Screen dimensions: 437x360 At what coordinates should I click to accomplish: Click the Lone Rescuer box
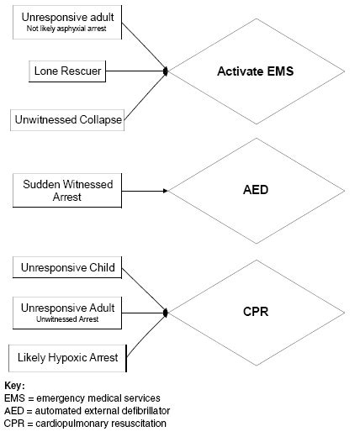click(x=68, y=71)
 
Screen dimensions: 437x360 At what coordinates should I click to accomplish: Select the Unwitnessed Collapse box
click(x=68, y=120)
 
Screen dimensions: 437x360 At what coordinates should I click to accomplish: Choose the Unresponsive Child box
click(x=66, y=270)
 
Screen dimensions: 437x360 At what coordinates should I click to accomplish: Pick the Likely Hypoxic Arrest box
click(x=68, y=359)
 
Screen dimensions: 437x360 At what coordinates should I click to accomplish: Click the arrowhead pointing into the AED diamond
click(x=165, y=191)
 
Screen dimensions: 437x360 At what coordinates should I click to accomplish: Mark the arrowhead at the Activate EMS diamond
click(x=167, y=72)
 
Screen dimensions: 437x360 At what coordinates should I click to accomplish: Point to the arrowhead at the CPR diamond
click(x=167, y=313)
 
